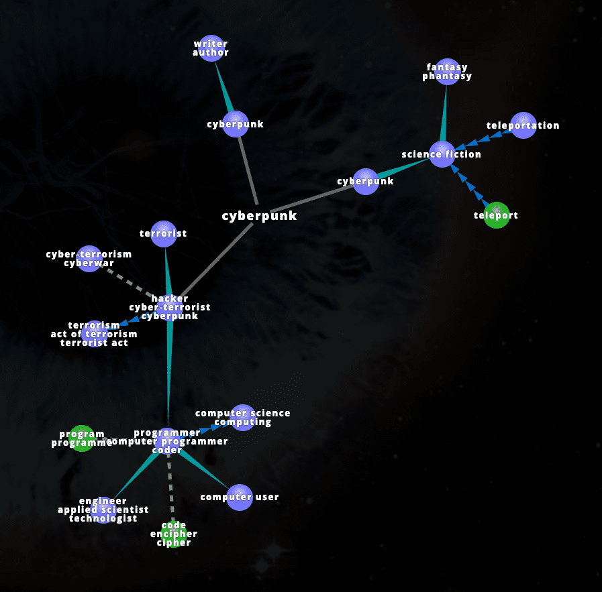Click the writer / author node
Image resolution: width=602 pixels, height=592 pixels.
click(211, 48)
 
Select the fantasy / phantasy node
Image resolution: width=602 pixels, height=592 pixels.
click(446, 72)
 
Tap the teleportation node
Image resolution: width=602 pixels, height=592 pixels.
click(523, 125)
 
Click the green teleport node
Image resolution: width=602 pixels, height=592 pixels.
click(496, 215)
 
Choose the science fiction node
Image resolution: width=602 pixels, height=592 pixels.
click(442, 154)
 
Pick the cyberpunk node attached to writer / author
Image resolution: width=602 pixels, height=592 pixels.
click(235, 124)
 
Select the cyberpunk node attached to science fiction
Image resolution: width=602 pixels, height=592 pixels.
click(365, 181)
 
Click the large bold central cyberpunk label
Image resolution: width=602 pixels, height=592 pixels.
click(259, 216)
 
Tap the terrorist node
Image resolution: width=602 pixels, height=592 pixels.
click(163, 233)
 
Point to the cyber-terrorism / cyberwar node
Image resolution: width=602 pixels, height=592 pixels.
click(89, 258)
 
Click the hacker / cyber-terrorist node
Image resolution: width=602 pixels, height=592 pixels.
click(170, 307)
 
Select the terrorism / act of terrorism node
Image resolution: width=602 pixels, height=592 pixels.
click(94, 333)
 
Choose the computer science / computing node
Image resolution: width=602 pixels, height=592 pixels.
click(242, 418)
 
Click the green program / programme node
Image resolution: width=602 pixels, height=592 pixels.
click(82, 438)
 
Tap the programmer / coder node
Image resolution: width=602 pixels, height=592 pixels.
click(167, 441)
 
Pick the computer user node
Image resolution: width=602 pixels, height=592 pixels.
click(239, 497)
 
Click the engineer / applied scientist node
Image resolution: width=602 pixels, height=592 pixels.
click(103, 510)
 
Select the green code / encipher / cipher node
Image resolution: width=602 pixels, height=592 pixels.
click(174, 534)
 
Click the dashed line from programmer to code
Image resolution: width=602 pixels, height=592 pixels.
click(170, 486)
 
